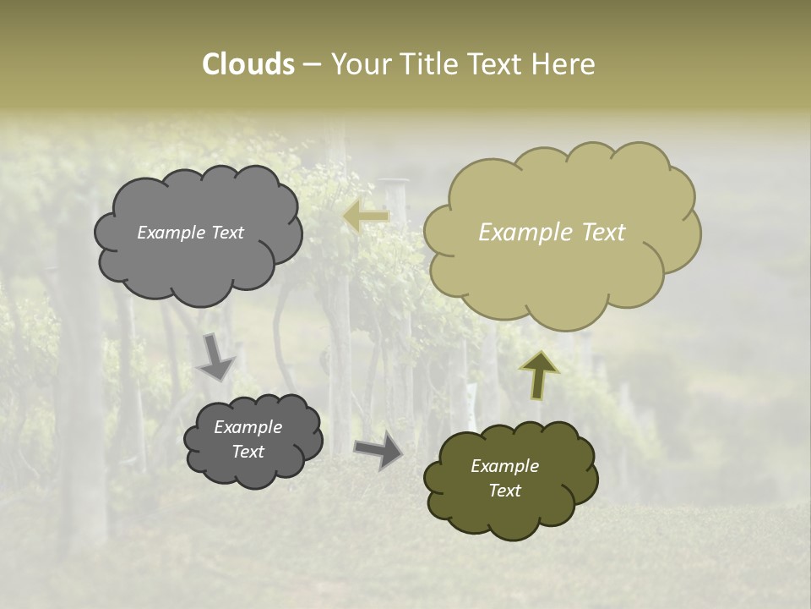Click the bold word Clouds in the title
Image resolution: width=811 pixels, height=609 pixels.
point(248,64)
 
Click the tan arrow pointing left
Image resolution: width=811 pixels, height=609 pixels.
point(366,217)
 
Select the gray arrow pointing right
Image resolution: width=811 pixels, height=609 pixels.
point(378,451)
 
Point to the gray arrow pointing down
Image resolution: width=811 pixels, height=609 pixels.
point(216,356)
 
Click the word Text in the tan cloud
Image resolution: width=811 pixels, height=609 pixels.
point(603,233)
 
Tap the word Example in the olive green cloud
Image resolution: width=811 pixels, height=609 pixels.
point(504,466)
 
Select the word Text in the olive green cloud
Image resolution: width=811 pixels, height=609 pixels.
point(504,491)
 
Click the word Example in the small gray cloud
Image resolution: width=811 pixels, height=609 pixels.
point(248,427)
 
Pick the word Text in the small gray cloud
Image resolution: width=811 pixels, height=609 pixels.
point(248,452)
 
